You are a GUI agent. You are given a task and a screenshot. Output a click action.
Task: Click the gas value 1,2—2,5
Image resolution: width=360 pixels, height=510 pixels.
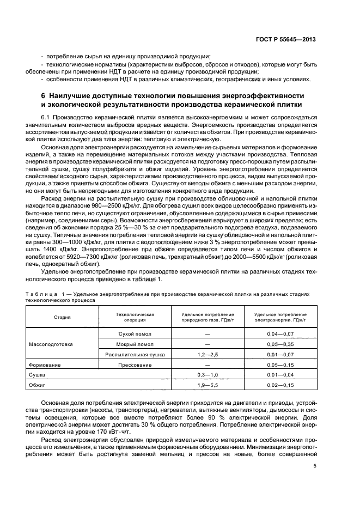click(207, 355)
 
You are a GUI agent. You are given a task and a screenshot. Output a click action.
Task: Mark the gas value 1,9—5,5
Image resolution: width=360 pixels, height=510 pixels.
click(207, 385)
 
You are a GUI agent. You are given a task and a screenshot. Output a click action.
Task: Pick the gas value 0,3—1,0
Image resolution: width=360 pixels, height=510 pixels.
click(207, 375)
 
